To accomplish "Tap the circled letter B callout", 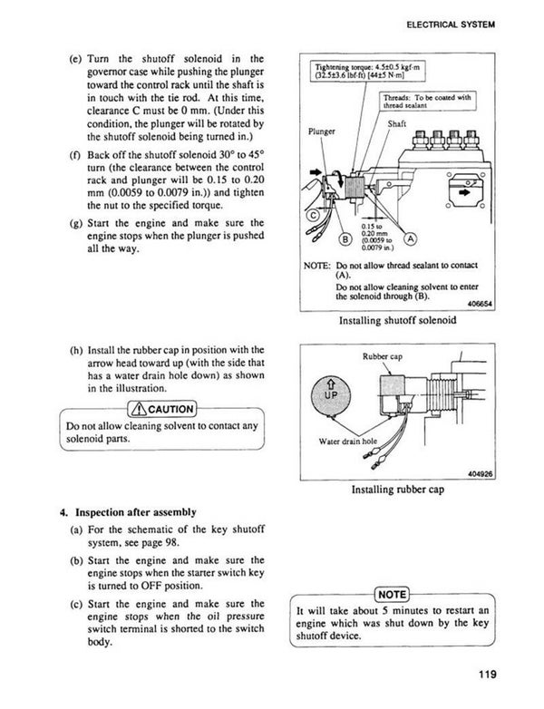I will pyautogui.click(x=345, y=239).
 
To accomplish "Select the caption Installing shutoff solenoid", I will pyautogui.click(x=396, y=320).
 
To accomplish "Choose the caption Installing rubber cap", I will pyautogui.click(x=396, y=490).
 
